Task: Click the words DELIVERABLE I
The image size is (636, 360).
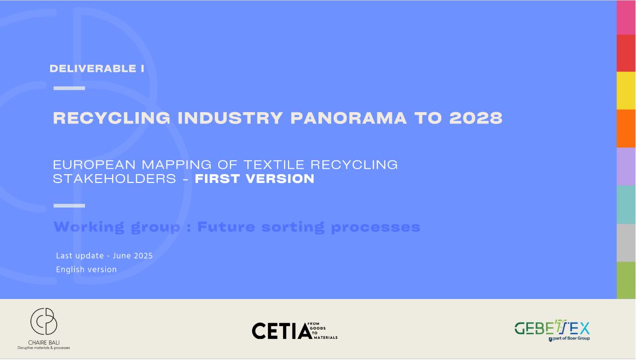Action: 97,68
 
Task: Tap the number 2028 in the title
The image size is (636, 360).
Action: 476,118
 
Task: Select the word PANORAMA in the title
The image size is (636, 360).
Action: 348,118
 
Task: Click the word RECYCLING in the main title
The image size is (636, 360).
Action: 112,118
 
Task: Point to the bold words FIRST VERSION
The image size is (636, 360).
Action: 255,179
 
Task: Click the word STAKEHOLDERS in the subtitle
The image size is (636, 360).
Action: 115,179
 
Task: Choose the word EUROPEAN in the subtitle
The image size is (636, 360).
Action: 94,165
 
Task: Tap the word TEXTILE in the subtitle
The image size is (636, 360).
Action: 274,165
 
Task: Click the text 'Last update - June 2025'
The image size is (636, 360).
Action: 104,256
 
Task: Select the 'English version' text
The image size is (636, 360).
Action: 87,270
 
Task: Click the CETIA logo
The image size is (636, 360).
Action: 294,330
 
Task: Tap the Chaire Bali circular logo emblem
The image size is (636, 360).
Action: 44,321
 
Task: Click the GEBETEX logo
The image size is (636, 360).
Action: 552,328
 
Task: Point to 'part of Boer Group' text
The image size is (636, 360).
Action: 569,338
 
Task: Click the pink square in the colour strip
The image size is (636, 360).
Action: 626,17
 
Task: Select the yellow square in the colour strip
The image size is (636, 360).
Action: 626,90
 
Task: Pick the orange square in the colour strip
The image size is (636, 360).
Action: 626,128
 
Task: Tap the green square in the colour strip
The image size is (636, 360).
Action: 626,280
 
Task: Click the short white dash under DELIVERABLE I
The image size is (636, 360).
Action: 69,88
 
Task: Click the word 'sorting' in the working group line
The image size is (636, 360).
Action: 293,227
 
